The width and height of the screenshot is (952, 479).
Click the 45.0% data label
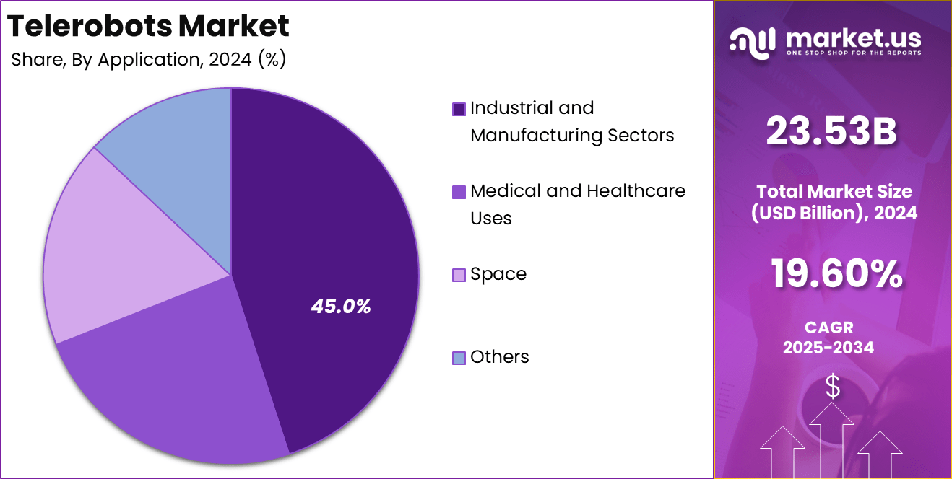pos(341,307)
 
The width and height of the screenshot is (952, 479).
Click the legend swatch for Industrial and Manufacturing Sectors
pos(459,109)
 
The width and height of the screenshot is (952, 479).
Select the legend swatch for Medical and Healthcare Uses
pos(459,192)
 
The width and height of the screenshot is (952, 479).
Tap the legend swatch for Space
pos(459,275)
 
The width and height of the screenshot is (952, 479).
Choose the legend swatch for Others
pos(459,358)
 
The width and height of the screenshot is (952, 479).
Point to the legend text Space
pos(498,274)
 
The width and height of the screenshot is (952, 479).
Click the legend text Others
pos(499,357)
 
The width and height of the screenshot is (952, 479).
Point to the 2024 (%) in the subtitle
pos(247,59)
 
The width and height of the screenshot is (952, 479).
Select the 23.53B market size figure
pos(831,132)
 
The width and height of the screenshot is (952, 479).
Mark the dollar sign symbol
pos(833,387)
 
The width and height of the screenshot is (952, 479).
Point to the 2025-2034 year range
pos(828,348)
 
